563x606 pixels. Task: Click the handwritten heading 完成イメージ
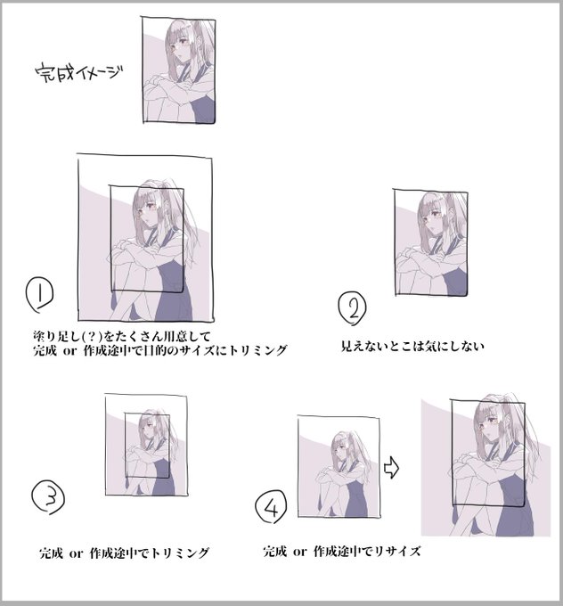coord(79,73)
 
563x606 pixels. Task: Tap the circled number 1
coord(39,294)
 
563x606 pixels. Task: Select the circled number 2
coord(352,308)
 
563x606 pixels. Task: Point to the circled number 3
coord(48,497)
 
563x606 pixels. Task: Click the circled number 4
coord(271,506)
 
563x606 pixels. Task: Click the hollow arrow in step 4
coord(391,468)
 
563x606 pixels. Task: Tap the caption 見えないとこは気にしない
coord(412,346)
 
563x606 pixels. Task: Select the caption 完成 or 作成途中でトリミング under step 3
coord(124,553)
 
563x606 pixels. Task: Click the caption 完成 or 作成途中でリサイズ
coord(342,551)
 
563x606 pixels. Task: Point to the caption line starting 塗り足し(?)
coord(122,336)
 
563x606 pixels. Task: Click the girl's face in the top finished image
coord(178,47)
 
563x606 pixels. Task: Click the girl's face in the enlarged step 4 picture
coord(487,422)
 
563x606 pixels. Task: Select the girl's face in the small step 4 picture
coord(338,449)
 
